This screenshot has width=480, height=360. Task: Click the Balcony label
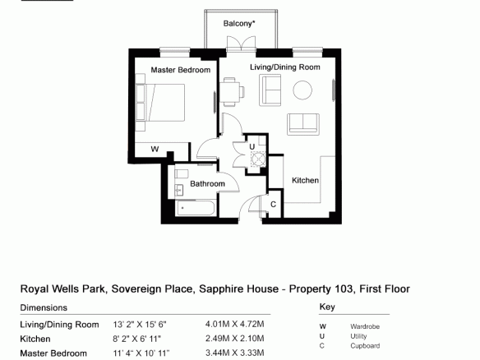click(x=239, y=24)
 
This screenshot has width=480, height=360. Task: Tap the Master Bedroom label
click(x=181, y=70)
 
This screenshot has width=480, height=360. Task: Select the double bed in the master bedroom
click(x=160, y=103)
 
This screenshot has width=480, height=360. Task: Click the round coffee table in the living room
click(x=302, y=90)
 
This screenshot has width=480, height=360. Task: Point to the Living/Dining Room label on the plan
click(x=285, y=67)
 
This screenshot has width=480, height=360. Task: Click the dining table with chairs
click(x=232, y=91)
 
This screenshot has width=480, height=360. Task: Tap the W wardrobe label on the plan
click(x=155, y=149)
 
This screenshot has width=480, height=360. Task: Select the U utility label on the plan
click(x=252, y=147)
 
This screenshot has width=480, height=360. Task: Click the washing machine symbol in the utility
click(x=258, y=159)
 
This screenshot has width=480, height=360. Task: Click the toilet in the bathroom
click(x=181, y=174)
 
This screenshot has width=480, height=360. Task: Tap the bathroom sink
click(x=179, y=191)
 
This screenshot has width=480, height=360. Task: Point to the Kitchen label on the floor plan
click(x=305, y=180)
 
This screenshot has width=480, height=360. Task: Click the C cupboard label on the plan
click(x=274, y=204)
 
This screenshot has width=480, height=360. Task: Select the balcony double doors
click(x=241, y=44)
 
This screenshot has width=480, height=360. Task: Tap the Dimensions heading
click(x=44, y=307)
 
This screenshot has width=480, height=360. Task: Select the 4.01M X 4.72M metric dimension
click(x=235, y=324)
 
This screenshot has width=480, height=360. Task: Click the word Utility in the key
click(x=358, y=336)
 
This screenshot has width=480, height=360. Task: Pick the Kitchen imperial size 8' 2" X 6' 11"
click(x=136, y=339)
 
